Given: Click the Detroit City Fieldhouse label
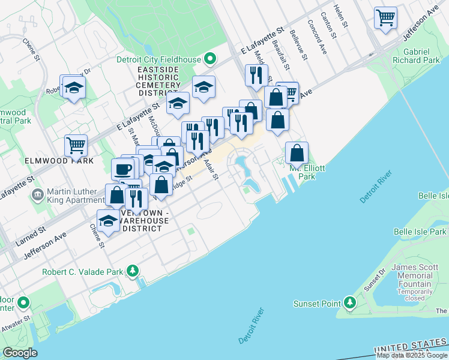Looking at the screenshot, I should (159, 59).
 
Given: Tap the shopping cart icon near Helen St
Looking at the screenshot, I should (385, 17).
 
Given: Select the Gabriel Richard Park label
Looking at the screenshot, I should (414, 56).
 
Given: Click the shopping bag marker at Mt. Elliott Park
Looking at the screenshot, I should (297, 153).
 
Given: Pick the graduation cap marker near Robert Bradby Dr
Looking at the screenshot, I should (73, 88).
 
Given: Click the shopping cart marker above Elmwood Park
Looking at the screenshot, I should (76, 145).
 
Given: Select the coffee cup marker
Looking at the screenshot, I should (124, 169).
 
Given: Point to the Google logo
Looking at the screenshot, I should (20, 353).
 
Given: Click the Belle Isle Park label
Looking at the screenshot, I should (420, 232).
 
